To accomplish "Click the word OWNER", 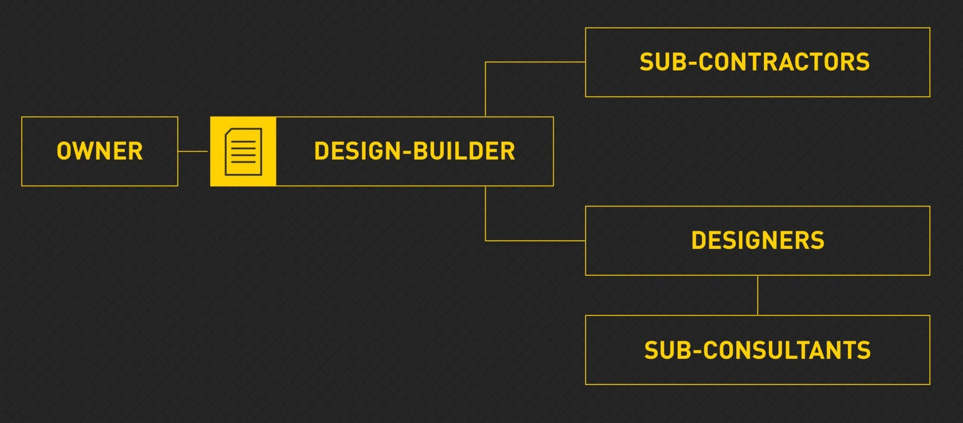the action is [x=100, y=151].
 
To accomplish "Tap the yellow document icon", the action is [x=243, y=151].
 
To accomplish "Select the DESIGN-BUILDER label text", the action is [x=415, y=151].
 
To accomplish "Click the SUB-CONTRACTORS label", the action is [x=755, y=62].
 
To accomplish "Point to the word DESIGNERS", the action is [x=758, y=240].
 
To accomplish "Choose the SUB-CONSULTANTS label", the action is [x=757, y=350].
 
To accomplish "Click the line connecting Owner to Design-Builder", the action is [x=193, y=151].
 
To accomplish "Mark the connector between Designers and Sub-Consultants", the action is [x=757, y=295].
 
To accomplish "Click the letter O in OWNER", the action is [x=64, y=151].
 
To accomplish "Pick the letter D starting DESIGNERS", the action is [x=698, y=240].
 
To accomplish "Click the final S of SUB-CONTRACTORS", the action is [x=862, y=62].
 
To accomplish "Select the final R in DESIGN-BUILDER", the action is [x=508, y=151].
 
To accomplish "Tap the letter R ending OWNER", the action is [x=136, y=151].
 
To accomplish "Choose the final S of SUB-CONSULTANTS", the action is [x=864, y=350].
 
